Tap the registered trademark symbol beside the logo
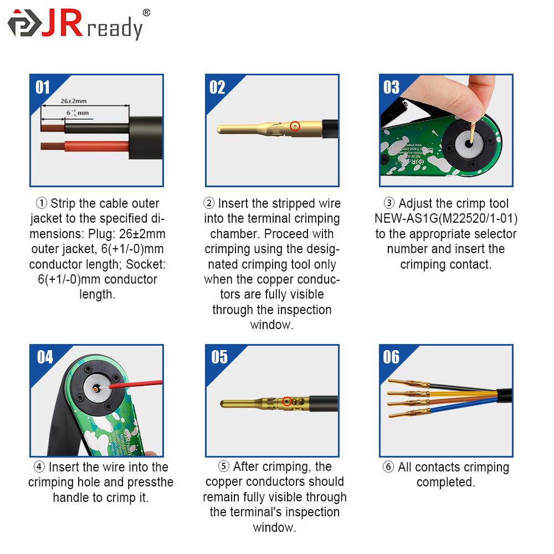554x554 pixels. click(x=146, y=13)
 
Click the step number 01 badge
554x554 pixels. click(x=43, y=88)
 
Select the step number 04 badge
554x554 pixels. click(x=45, y=357)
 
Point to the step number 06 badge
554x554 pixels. click(x=391, y=357)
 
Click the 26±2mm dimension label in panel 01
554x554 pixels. click(x=74, y=101)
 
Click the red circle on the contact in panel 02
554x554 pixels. click(x=295, y=126)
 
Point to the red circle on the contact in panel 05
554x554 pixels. click(x=287, y=401)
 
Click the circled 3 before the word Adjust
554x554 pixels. click(x=389, y=203)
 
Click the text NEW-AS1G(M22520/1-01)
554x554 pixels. click(x=446, y=218)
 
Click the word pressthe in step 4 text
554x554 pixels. click(x=150, y=483)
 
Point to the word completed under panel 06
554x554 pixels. click(x=445, y=483)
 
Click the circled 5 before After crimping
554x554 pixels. click(x=224, y=466)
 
